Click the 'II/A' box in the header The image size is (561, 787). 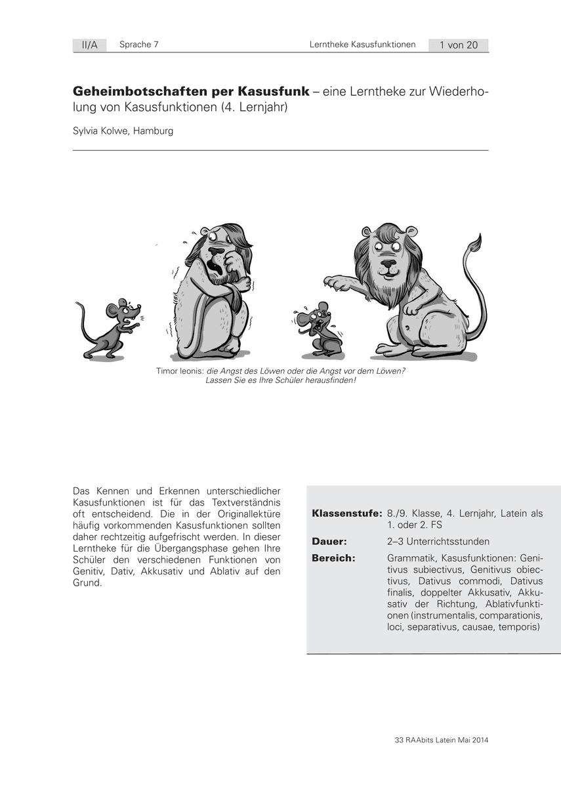tap(89, 45)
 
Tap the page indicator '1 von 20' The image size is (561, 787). tap(459, 45)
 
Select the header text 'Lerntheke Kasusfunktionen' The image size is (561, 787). tap(363, 45)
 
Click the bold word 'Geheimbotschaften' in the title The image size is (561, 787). tap(131, 91)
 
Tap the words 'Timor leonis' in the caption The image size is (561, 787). tap(179, 371)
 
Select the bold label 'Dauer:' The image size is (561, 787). tap(329, 542)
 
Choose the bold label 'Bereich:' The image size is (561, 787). tap(334, 558)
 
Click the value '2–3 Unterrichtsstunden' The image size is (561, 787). tap(438, 542)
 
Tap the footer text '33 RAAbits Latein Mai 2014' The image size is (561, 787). tap(442, 740)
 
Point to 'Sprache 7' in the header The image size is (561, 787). tap(139, 45)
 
